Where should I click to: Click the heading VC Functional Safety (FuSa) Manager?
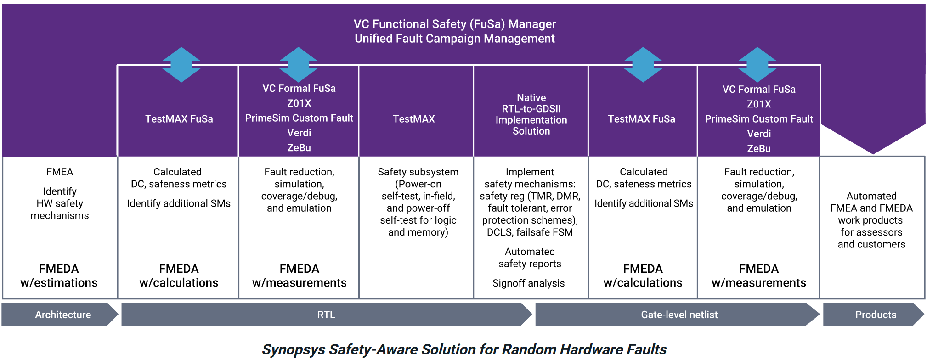[x=455, y=24]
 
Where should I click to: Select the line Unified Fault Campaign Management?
[x=455, y=39]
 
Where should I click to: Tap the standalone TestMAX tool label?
[x=414, y=119]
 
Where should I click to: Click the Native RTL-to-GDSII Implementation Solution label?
[x=531, y=114]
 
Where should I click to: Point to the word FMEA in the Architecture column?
[x=60, y=172]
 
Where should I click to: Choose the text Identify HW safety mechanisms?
[x=60, y=203]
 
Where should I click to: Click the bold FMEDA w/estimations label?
[x=59, y=276]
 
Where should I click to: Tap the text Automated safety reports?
[x=530, y=258]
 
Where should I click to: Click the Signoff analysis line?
[x=528, y=283]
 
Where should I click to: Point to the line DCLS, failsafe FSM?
[x=530, y=232]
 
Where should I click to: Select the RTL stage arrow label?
[x=326, y=315]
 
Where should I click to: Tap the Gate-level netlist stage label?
[x=679, y=315]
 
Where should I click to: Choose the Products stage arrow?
[x=873, y=315]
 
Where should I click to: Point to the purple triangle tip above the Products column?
[x=873, y=154]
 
